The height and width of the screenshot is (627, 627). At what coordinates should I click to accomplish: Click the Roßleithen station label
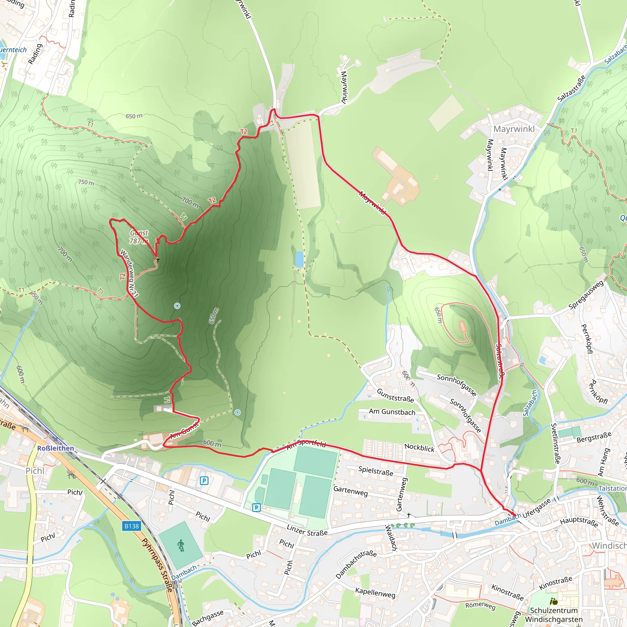click(55, 448)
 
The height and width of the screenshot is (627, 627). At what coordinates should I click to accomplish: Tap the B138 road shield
click(132, 526)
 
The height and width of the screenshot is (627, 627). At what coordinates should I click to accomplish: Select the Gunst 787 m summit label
click(139, 237)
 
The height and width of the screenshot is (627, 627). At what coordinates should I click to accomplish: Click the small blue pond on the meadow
click(299, 259)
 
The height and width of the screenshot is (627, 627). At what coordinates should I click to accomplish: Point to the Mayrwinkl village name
click(514, 129)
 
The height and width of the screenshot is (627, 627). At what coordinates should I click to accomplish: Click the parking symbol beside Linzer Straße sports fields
click(256, 508)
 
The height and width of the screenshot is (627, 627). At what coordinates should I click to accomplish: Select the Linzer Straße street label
click(307, 530)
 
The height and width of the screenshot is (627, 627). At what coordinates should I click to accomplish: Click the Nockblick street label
click(419, 448)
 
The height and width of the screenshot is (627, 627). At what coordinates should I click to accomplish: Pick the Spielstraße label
click(376, 471)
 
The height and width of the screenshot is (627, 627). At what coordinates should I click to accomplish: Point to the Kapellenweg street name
click(375, 593)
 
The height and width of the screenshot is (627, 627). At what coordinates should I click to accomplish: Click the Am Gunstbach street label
click(392, 412)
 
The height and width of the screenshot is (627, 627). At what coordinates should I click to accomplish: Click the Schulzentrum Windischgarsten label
click(554, 615)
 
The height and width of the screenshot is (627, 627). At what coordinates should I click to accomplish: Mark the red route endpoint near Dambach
click(514, 515)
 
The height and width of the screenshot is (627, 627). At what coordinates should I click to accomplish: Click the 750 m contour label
click(86, 182)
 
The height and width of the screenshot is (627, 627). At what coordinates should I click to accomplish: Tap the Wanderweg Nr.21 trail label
click(129, 273)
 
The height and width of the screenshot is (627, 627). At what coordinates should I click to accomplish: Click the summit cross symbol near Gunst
click(158, 259)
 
